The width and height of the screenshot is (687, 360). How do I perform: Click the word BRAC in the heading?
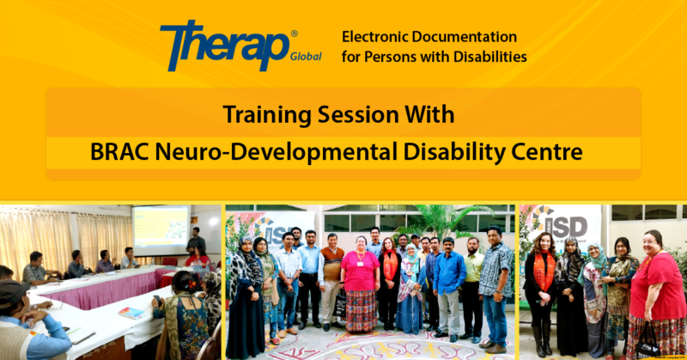(121, 154)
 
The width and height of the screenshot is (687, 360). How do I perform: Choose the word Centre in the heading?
(550, 154)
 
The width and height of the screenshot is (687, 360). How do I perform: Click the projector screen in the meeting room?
(161, 229)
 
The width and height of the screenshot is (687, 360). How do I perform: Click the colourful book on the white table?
(131, 312)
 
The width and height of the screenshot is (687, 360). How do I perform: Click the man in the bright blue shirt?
(448, 275)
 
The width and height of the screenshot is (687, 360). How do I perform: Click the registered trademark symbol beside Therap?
(294, 34)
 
